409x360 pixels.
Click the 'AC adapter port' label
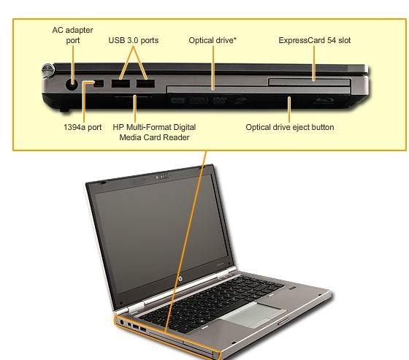72,35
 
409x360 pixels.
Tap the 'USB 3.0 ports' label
133,40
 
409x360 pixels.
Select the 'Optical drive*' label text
213,40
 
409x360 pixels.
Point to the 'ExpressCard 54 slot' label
315,40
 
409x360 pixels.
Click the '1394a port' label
83,127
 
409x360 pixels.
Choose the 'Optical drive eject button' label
290,127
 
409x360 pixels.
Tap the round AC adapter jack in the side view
72,84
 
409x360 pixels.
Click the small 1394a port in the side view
99,83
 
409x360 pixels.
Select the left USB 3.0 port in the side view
121,83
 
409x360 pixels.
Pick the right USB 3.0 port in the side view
145,83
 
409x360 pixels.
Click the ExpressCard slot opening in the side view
310,82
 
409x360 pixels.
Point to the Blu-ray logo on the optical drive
325,101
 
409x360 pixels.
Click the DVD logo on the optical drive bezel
219,100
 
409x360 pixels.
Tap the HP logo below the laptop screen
180,279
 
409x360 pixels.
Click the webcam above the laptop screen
161,177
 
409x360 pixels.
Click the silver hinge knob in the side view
48,70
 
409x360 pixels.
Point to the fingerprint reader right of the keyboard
292,288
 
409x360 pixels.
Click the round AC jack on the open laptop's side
122,323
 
